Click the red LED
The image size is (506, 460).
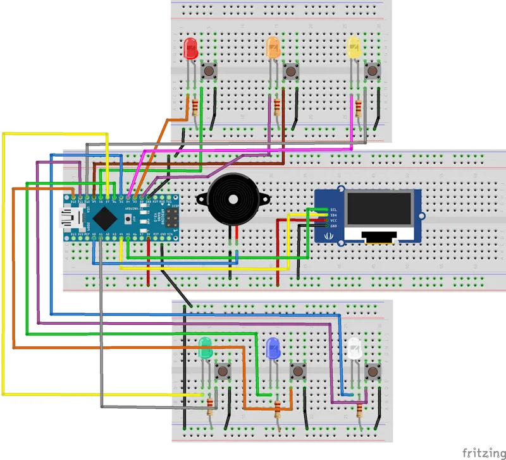[x=189, y=49]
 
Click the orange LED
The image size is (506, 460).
[x=273, y=49]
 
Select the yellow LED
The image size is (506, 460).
[x=354, y=49]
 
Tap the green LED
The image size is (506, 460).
[x=205, y=347]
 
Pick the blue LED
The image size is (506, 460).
[x=273, y=347]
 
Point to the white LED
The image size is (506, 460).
[x=354, y=347]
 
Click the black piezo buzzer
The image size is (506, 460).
[x=233, y=200]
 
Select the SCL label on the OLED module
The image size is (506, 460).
[x=333, y=209]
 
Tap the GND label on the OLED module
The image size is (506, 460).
[x=333, y=226]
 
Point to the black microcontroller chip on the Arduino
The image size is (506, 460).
[x=105, y=218]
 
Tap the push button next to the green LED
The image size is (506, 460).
[x=223, y=370]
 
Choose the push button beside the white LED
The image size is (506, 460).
[x=373, y=370]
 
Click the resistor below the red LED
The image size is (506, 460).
[x=195, y=107]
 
